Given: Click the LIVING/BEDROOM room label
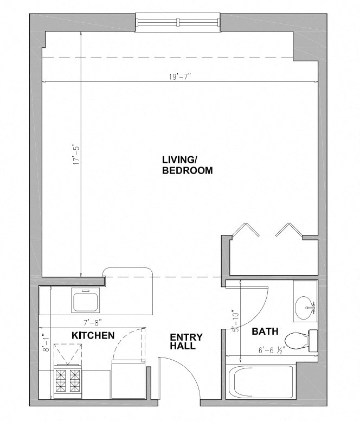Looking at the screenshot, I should [x=187, y=164].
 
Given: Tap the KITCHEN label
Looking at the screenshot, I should [x=93, y=335].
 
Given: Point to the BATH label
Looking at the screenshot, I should [x=265, y=331].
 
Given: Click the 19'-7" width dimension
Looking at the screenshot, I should [x=179, y=76].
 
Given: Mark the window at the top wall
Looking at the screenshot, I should [x=178, y=23].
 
